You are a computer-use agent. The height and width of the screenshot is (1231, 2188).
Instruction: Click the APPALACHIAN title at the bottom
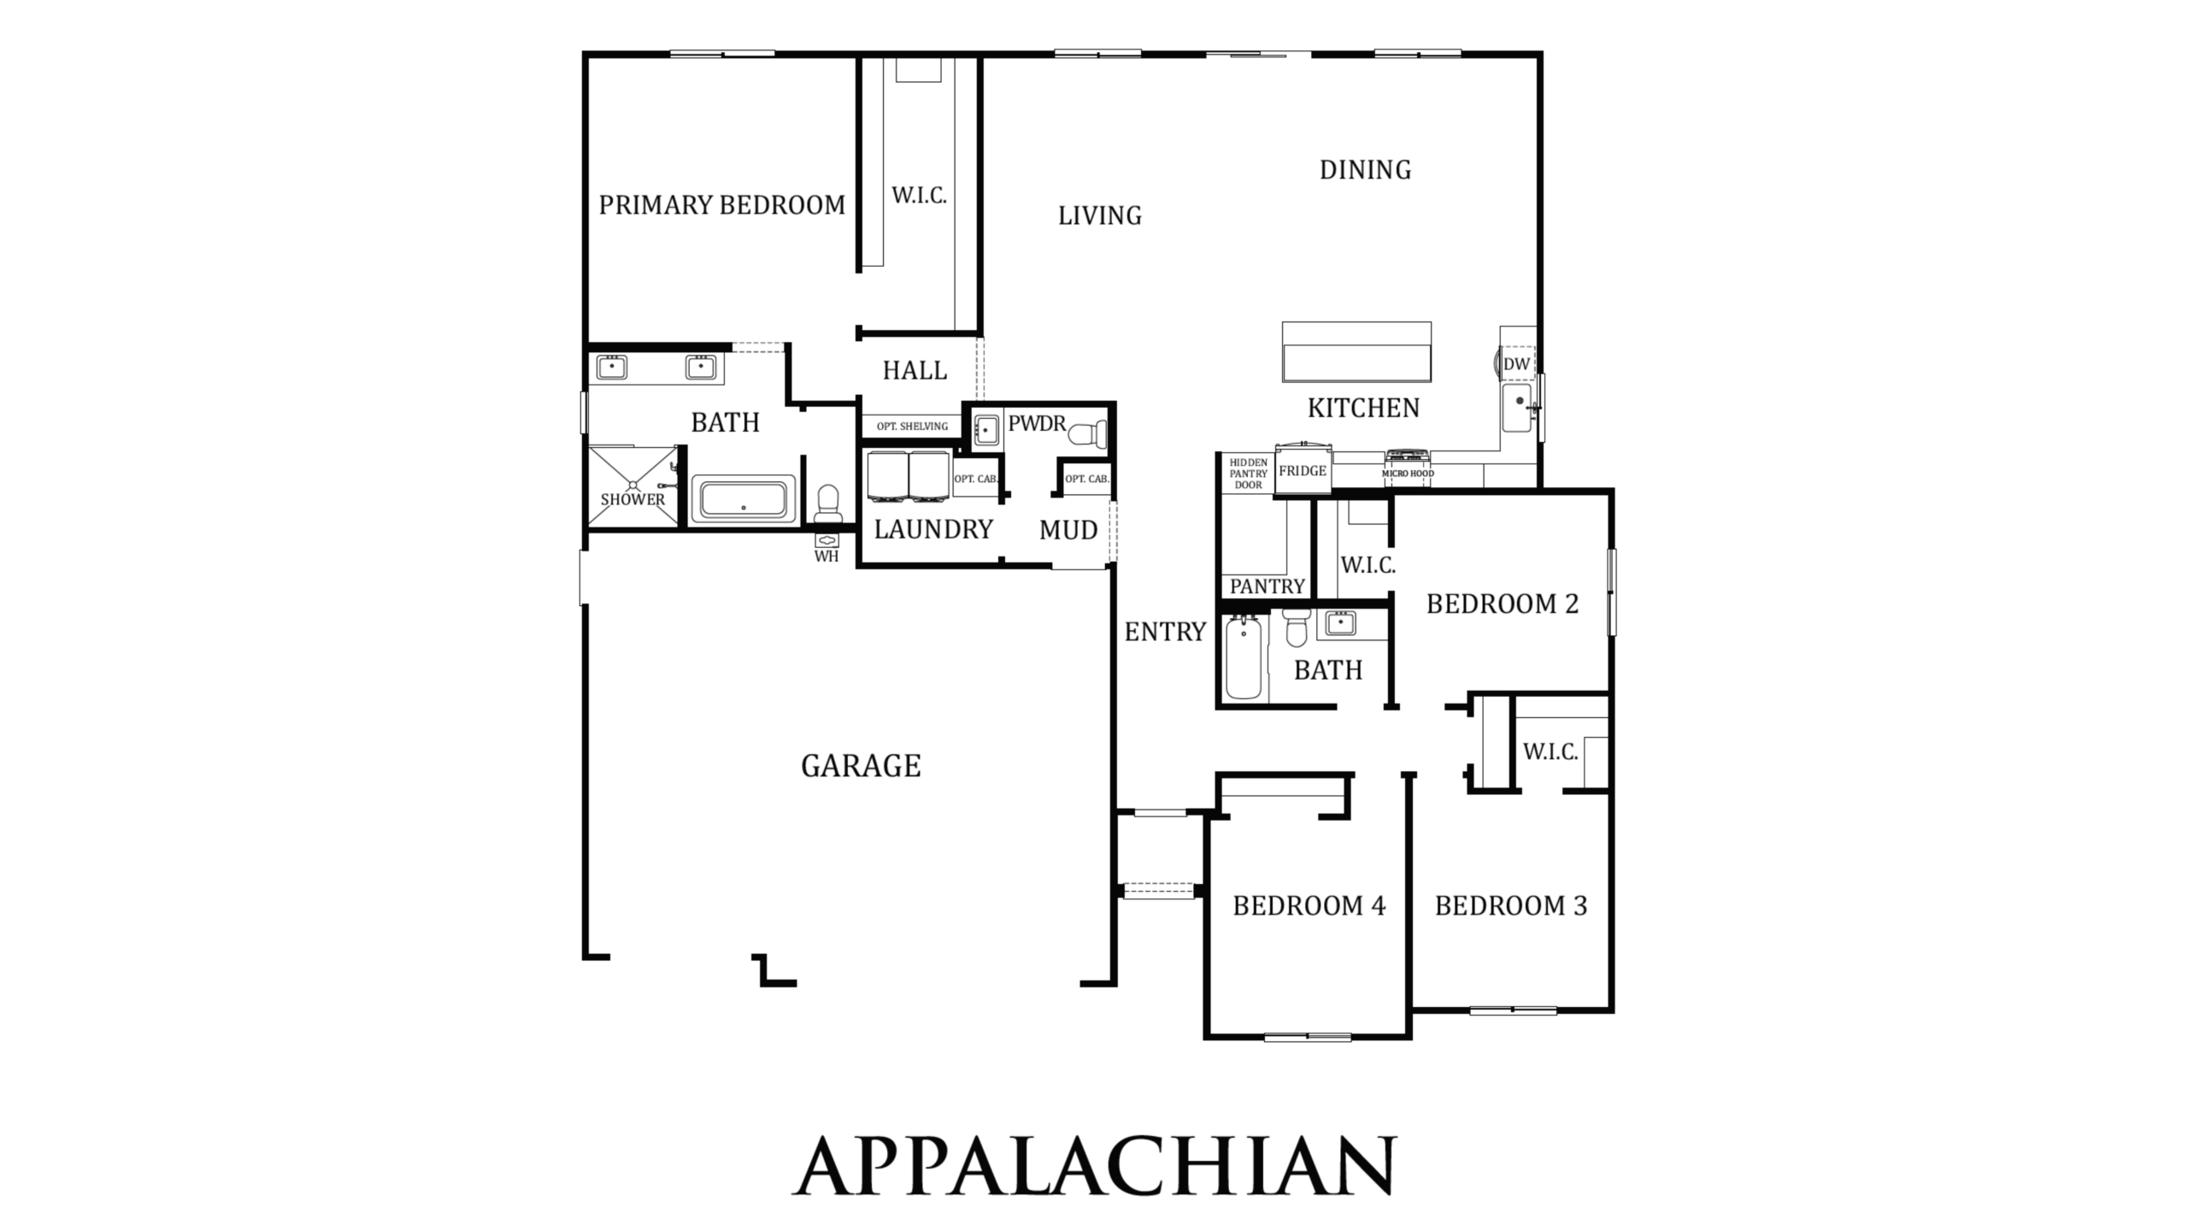(1094, 1165)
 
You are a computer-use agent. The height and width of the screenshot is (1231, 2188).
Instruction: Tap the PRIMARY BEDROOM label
(722, 205)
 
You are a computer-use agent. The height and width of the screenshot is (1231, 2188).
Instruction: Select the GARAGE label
(861, 766)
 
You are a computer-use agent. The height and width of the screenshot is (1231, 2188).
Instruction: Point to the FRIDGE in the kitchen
(1303, 470)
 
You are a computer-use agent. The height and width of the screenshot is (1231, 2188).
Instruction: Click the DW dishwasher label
(1516, 364)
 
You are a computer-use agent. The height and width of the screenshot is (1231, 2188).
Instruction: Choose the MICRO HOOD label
(1408, 474)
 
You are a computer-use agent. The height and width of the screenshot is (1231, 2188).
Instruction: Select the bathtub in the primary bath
(744, 498)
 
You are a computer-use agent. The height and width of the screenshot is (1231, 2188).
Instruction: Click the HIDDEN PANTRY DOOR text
(1249, 474)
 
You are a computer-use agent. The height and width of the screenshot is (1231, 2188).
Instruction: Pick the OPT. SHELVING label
(912, 426)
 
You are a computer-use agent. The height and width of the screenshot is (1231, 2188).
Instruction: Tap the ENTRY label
(1165, 632)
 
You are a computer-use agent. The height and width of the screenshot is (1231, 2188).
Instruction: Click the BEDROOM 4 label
(1309, 906)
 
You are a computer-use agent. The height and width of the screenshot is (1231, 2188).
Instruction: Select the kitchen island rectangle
(1356, 351)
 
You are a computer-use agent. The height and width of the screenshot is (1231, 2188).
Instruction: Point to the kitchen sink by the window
(1518, 408)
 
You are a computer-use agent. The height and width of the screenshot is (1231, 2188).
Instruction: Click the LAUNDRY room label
(933, 530)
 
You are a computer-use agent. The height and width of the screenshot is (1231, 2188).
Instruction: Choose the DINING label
(1365, 170)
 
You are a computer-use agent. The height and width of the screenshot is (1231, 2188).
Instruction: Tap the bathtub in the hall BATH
(1244, 658)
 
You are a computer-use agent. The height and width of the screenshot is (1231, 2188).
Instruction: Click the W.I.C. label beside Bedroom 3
(1550, 752)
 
